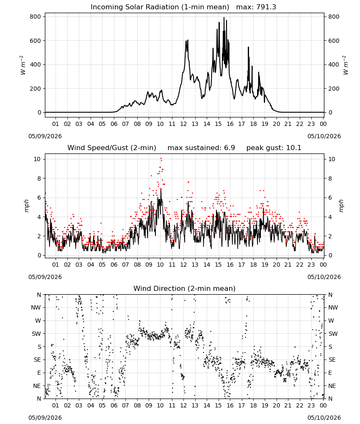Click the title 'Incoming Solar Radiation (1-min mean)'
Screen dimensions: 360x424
(160, 7)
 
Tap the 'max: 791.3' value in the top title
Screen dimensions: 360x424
(256, 7)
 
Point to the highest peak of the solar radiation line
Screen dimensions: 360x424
(224, 17)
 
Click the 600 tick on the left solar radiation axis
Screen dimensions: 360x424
(36, 41)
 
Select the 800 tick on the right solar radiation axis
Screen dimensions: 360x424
(334, 17)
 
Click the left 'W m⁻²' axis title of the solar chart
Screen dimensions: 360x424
(23, 65)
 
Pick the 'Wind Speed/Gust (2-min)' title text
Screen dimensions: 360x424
(112, 148)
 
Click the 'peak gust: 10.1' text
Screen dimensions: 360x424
(274, 148)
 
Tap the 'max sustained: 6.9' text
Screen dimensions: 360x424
(201, 148)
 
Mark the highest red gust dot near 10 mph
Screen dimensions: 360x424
(161, 158)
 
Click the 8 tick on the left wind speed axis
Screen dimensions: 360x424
(39, 179)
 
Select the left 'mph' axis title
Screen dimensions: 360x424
(27, 206)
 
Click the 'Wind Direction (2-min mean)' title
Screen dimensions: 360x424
(185, 288)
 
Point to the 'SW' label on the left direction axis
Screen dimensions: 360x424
(36, 334)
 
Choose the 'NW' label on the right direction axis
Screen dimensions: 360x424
(333, 308)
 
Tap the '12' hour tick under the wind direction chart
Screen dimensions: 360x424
(184, 406)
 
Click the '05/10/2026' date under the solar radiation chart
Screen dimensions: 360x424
(324, 136)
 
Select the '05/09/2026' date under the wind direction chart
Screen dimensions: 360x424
(45, 418)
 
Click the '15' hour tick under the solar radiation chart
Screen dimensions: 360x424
(218, 124)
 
